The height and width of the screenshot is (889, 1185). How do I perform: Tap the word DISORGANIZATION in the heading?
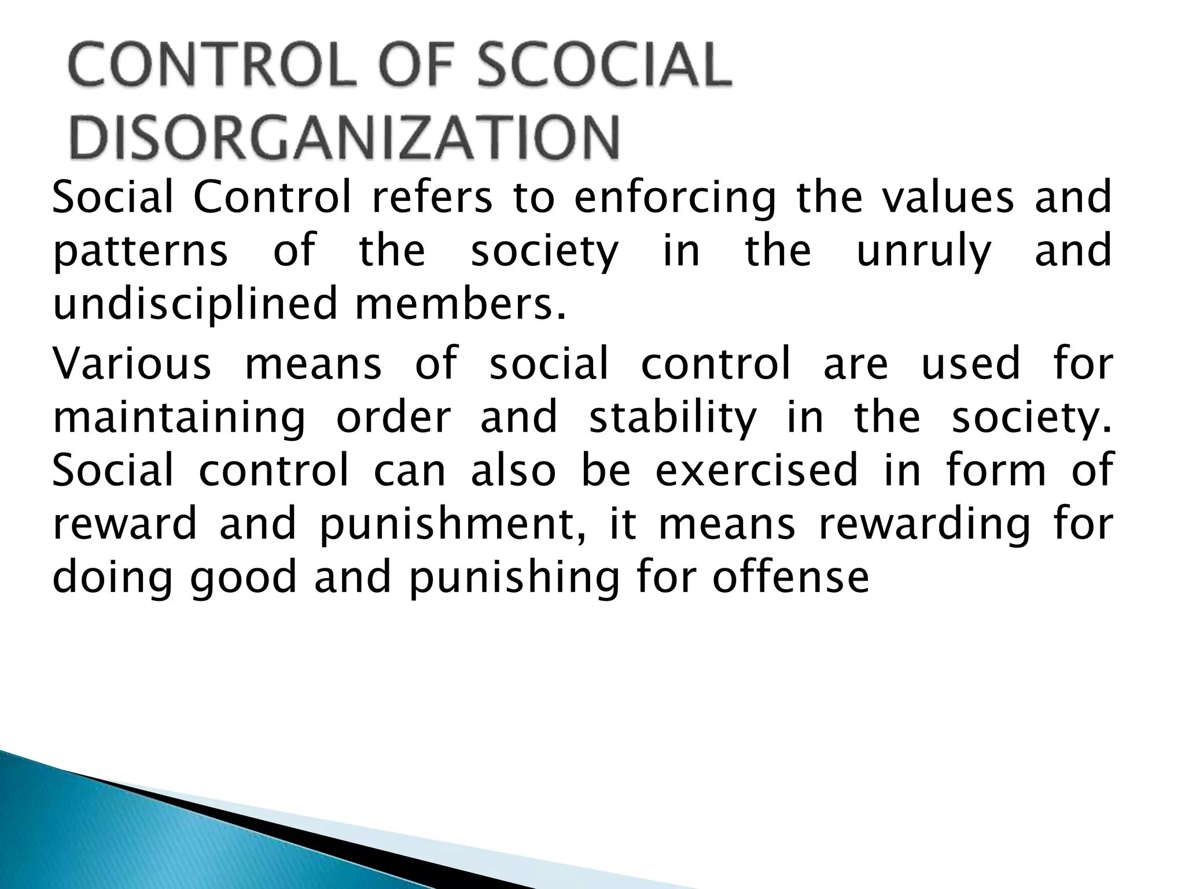[x=345, y=138]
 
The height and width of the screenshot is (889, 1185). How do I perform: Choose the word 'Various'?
[x=132, y=363]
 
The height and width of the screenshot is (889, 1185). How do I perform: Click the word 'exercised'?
[x=756, y=470]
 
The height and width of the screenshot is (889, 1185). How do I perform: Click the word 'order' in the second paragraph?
[x=393, y=417]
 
